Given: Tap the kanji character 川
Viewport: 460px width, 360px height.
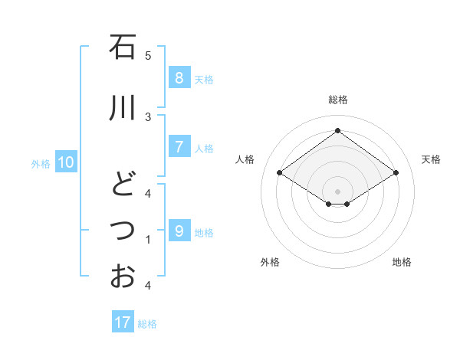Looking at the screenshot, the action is [122, 107].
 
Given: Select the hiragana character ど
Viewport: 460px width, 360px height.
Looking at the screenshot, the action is [122, 184].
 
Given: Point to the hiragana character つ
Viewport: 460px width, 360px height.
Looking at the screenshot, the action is [122, 228].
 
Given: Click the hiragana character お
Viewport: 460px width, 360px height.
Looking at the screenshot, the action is [122, 276].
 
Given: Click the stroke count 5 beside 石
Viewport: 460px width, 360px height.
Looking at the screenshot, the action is [148, 56].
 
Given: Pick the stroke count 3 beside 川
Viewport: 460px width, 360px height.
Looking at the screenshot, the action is [148, 116].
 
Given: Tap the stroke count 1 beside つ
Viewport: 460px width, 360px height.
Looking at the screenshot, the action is [148, 240].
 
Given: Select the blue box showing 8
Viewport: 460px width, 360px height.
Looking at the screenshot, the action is [179, 77].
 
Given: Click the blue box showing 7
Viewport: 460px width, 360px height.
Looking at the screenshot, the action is [179, 146].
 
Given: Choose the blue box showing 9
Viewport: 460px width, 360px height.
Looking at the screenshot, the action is [179, 231].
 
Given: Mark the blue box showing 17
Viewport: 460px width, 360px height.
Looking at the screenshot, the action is [123, 322].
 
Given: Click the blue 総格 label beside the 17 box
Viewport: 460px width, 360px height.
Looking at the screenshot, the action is [147, 324].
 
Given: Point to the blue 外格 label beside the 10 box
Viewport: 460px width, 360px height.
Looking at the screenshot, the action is [41, 163].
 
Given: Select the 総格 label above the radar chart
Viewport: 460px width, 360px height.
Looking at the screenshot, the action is [337, 100].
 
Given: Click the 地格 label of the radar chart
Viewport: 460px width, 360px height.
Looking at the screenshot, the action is [402, 262].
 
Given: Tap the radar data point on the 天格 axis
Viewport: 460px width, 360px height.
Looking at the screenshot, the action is [396, 173].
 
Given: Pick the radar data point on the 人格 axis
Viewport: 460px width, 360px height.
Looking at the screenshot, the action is [280, 173].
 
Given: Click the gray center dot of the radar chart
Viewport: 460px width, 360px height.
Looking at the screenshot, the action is [337, 191].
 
